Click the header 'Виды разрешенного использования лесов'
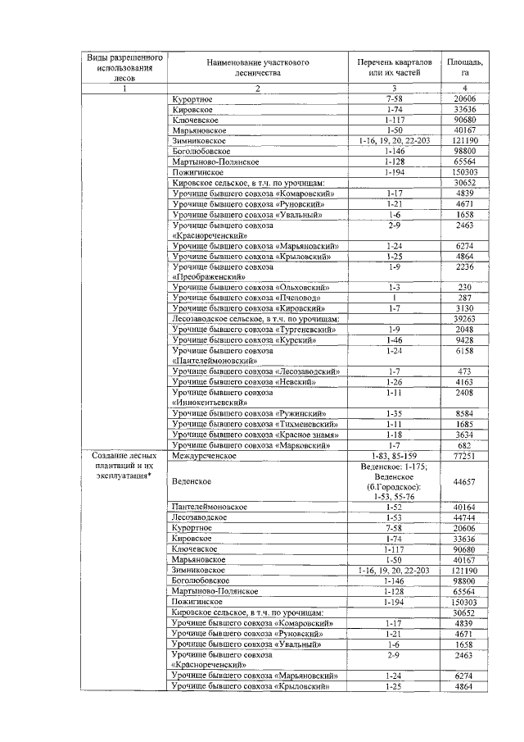click(x=125, y=68)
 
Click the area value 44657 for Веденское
click(x=464, y=482)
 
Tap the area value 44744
click(x=464, y=518)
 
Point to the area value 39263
click(x=464, y=319)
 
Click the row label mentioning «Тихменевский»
click(x=255, y=425)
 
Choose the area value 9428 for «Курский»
click(x=464, y=339)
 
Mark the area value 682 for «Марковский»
click(x=464, y=445)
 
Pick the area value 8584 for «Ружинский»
click(x=464, y=414)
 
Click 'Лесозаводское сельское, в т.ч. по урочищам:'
click(x=255, y=319)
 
